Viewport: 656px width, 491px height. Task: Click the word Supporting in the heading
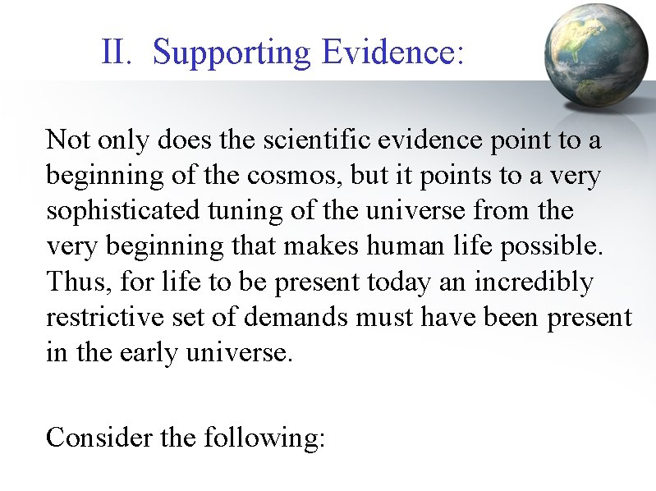point(232,53)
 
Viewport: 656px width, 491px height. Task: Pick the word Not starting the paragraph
point(68,140)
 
